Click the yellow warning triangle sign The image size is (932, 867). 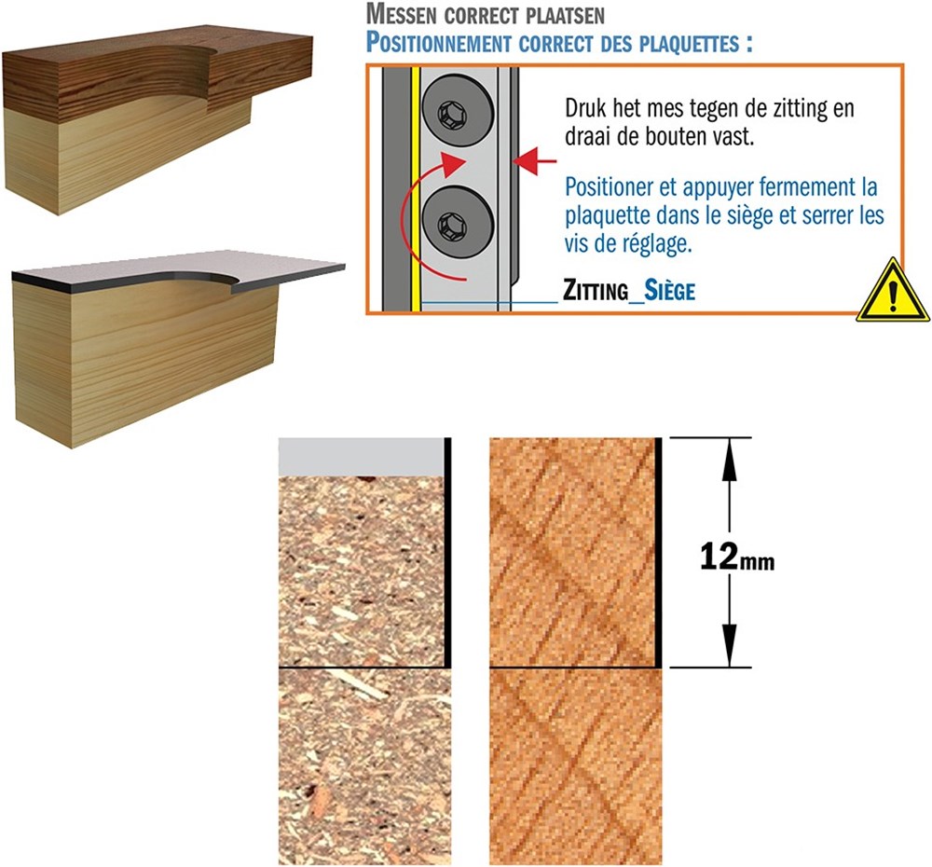point(894,291)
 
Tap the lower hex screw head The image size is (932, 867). point(458,224)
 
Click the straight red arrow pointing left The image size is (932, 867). point(534,160)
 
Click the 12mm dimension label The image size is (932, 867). point(737,557)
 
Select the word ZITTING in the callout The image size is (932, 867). point(596,290)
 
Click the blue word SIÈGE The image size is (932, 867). point(669,290)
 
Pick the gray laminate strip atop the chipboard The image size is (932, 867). point(362,457)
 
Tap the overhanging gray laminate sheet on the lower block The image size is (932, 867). point(178,270)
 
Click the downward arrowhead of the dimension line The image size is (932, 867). point(730,643)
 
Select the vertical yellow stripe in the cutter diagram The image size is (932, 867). point(416,189)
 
